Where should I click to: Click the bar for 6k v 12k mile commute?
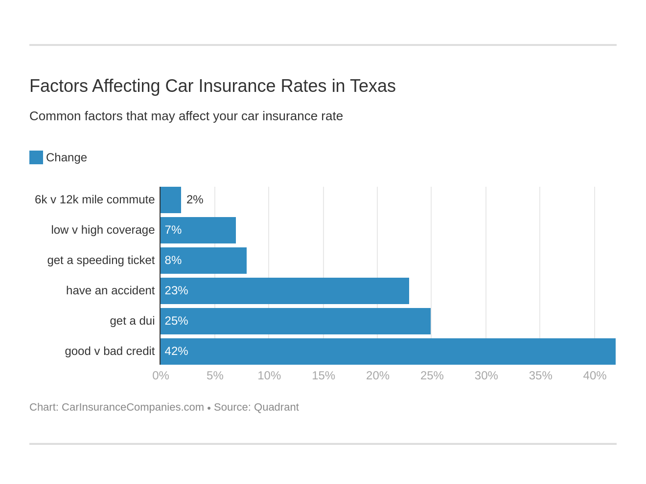click(x=171, y=200)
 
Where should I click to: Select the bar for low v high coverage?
click(x=198, y=230)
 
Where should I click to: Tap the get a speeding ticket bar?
click(x=204, y=261)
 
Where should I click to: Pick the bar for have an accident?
click(x=285, y=291)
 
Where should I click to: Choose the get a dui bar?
click(x=296, y=321)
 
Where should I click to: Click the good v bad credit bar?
click(x=388, y=352)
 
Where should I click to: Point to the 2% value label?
click(x=195, y=199)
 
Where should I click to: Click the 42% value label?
click(x=176, y=351)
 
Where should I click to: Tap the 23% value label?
click(x=176, y=290)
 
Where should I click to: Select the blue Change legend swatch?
click(x=36, y=157)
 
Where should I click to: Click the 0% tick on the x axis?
click(x=161, y=375)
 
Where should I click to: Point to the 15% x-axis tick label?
click(x=323, y=375)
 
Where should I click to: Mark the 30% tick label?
click(x=486, y=375)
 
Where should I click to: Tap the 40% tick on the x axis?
click(x=595, y=375)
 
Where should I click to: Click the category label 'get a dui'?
click(x=132, y=321)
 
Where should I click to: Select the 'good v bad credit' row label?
click(x=110, y=351)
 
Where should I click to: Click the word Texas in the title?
click(x=372, y=86)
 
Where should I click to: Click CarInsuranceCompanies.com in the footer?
click(x=133, y=407)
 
